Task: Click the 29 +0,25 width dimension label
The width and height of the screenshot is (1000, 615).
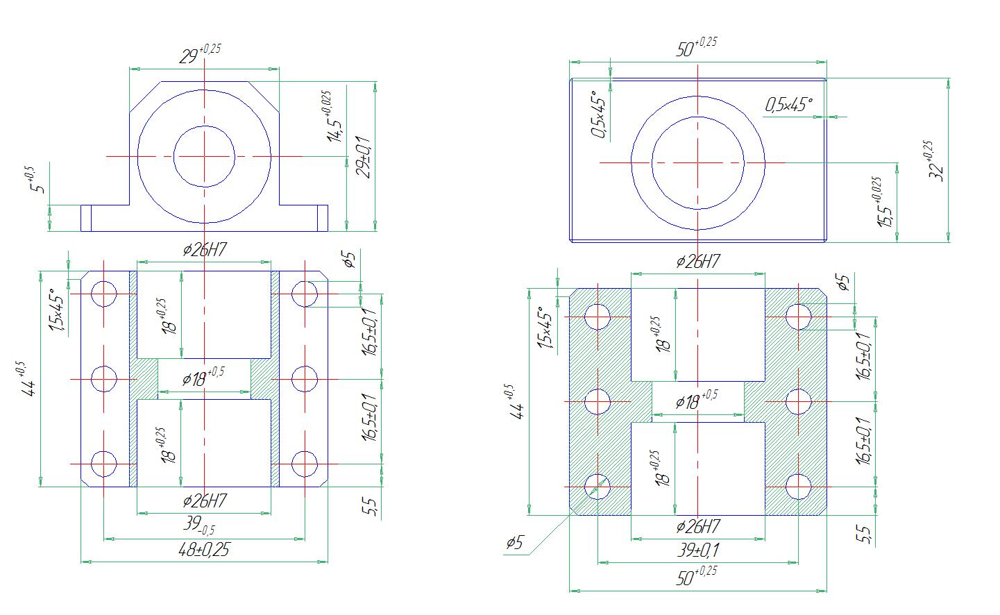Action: (x=200, y=54)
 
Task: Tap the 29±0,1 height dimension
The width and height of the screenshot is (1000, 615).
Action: (x=364, y=157)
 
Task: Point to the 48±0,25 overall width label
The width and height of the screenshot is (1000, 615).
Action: (x=203, y=550)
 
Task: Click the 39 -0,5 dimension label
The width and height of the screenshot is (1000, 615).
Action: (x=199, y=525)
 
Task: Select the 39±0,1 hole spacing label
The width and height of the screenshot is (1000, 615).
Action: (x=698, y=550)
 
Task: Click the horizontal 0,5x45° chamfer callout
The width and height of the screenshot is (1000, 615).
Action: (x=788, y=105)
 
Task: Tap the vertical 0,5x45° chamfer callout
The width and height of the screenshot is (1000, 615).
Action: (x=599, y=114)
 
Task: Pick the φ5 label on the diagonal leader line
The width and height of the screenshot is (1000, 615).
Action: (x=514, y=543)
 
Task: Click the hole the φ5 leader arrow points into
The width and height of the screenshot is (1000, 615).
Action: (x=598, y=487)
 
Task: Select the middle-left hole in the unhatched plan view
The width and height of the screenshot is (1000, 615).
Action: (x=103, y=379)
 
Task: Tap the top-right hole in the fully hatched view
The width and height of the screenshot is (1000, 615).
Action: (x=798, y=317)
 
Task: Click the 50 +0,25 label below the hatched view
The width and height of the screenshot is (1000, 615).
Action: (x=697, y=576)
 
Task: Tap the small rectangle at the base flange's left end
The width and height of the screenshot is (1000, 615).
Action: (x=86, y=218)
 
